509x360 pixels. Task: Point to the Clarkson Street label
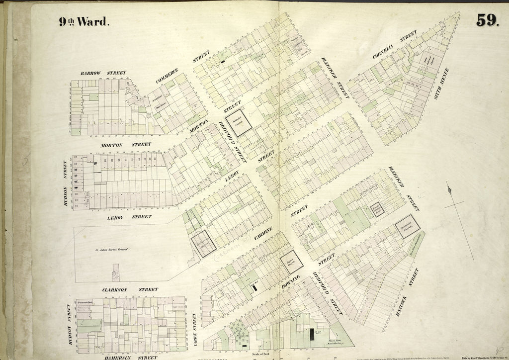(130, 289)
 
